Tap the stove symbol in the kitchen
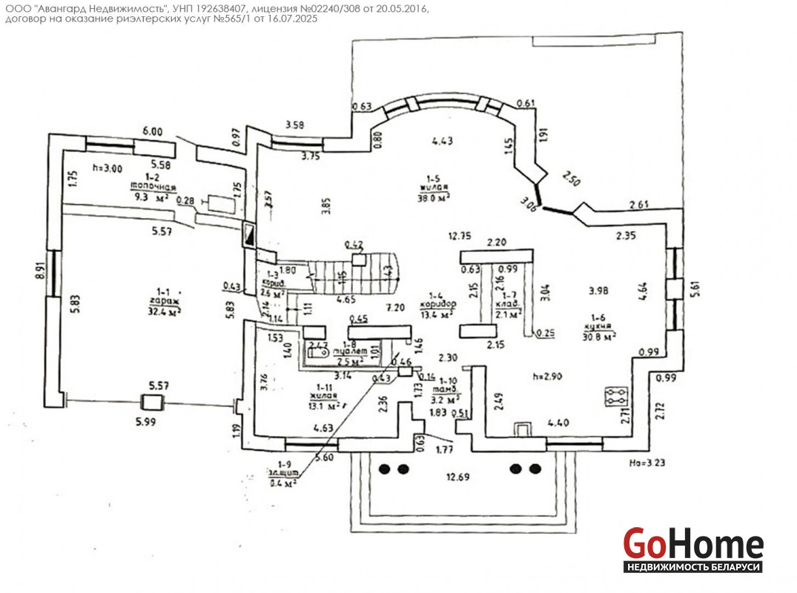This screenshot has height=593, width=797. coord(615,395)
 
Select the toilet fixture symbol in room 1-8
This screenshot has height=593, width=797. coord(319,352)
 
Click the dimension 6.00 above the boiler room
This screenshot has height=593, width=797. coord(152,131)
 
